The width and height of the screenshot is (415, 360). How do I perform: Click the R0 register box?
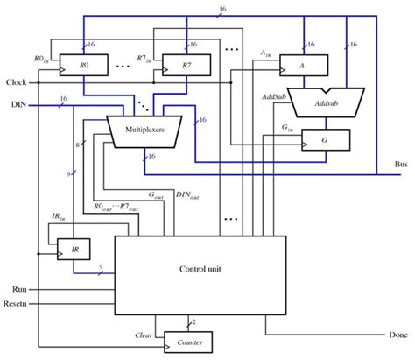(x=83, y=65)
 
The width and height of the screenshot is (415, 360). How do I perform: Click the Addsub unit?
(x=324, y=103)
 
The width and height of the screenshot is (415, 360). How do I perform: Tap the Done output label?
(x=396, y=335)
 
